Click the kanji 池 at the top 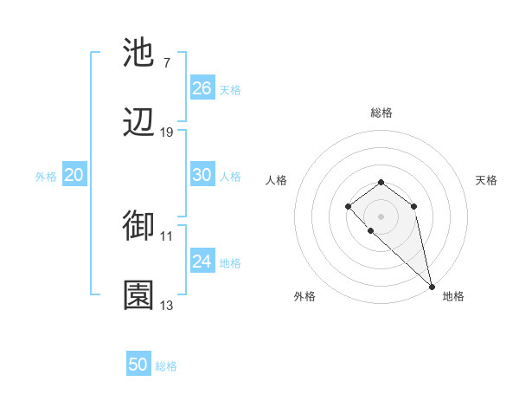click(x=139, y=53)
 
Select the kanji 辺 click(x=139, y=124)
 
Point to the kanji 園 click(x=139, y=295)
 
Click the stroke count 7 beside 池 click(x=167, y=62)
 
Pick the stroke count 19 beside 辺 click(x=167, y=132)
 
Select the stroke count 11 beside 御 click(x=167, y=236)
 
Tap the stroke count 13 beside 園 click(x=167, y=305)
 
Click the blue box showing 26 click(x=202, y=88)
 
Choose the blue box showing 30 click(x=202, y=175)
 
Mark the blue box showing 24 click(x=202, y=262)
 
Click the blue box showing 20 click(x=74, y=175)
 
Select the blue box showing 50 click(x=138, y=365)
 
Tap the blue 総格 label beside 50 click(x=166, y=366)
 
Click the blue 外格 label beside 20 click(x=46, y=177)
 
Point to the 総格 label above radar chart click(x=381, y=113)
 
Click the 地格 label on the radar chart click(x=453, y=296)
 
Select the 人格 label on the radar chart click(x=277, y=180)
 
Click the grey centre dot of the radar click(x=381, y=216)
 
